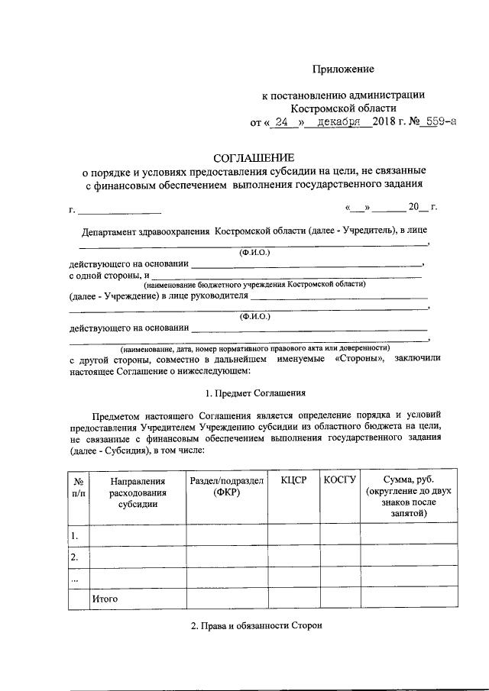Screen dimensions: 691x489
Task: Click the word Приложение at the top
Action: click(343, 69)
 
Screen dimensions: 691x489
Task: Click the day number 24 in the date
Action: click(281, 121)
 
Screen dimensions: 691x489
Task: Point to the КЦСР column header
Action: click(293, 480)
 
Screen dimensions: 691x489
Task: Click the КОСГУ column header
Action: click(340, 480)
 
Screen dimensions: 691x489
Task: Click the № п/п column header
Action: click(78, 486)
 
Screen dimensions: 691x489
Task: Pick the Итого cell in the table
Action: click(104, 599)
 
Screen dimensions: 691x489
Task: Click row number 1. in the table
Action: click(75, 536)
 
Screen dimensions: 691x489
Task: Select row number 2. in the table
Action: click(75, 557)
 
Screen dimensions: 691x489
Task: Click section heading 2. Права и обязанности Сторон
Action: click(257, 626)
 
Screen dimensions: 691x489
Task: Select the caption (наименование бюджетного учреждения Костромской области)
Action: click(260, 284)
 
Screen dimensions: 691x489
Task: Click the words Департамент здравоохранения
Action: click(146, 230)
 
